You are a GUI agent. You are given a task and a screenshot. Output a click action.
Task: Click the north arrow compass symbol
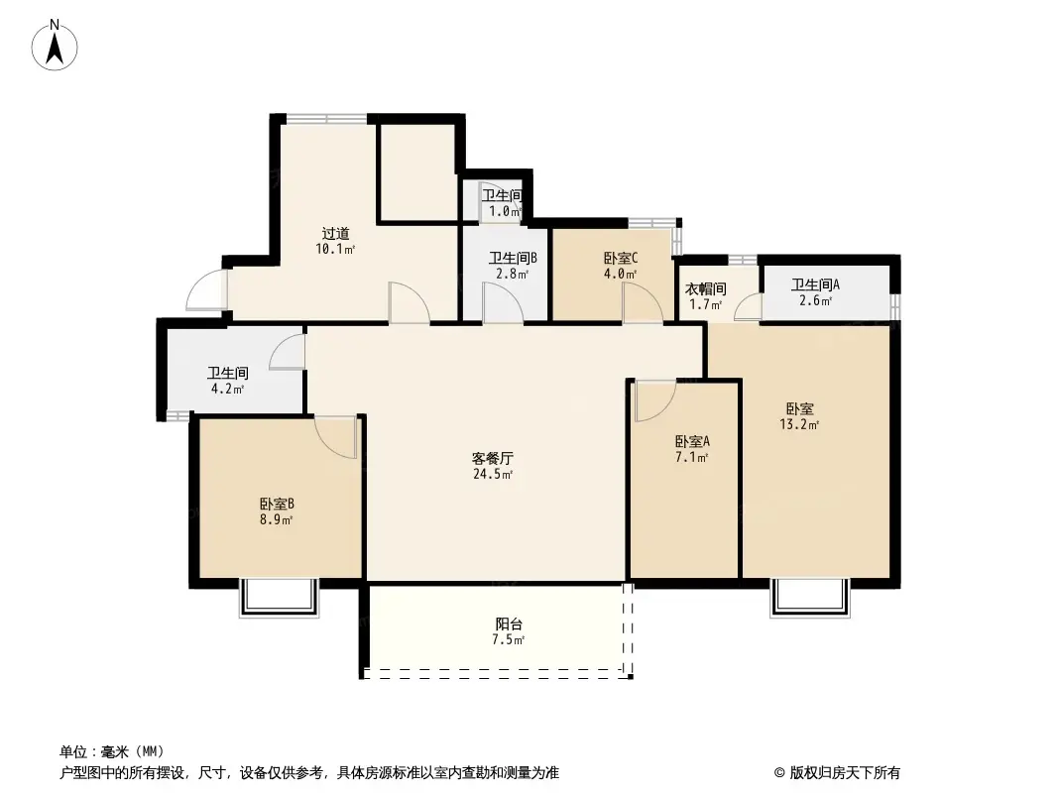click(55, 46)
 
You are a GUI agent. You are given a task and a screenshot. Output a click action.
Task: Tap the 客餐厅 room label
click(492, 459)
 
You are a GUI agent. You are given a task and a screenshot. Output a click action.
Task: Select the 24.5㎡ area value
click(493, 475)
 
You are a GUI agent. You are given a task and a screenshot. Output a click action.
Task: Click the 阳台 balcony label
click(509, 624)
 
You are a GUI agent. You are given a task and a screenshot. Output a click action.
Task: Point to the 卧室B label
click(277, 504)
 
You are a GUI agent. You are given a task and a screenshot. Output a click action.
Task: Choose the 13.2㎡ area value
click(799, 424)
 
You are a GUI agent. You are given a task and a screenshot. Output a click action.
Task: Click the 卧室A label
click(692, 442)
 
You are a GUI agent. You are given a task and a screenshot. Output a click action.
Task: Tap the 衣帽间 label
click(705, 289)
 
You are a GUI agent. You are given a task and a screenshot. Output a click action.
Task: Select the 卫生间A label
click(815, 285)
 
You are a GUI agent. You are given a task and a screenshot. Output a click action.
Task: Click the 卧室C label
click(620, 258)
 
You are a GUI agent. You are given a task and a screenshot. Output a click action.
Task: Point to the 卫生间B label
click(513, 258)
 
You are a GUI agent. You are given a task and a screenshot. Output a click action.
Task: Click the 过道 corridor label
click(335, 234)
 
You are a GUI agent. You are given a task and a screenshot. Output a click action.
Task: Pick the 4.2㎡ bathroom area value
click(227, 389)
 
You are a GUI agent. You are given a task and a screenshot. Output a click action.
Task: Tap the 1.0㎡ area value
click(505, 211)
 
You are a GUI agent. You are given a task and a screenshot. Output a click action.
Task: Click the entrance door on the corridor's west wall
click(207, 289)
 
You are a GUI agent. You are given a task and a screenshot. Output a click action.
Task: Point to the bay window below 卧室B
click(279, 598)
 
